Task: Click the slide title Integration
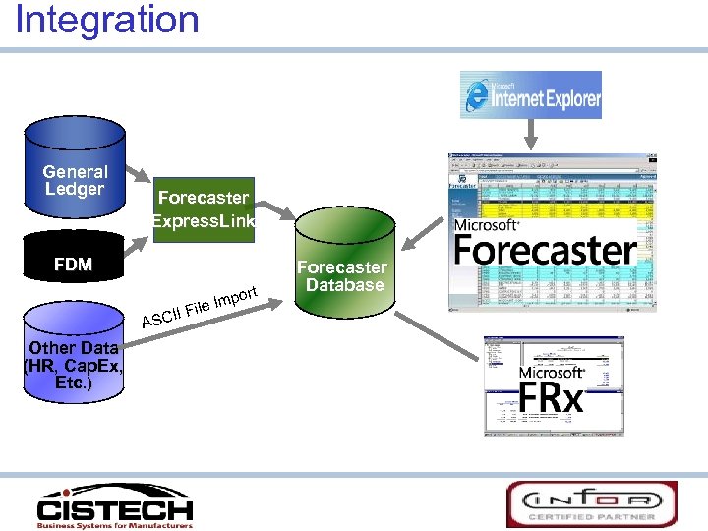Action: [x=107, y=20]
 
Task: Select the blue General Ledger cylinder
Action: [x=75, y=167]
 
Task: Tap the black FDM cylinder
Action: [x=74, y=265]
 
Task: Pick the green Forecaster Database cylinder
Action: [x=342, y=275]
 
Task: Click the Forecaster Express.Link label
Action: [x=204, y=208]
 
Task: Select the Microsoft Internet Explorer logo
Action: [x=531, y=94]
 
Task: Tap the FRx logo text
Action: [x=551, y=398]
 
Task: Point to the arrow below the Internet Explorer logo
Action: [x=531, y=134]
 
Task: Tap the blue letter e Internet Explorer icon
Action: [x=476, y=95]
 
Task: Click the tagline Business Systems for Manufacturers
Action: [x=114, y=525]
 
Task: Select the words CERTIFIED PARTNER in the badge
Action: [x=592, y=516]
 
